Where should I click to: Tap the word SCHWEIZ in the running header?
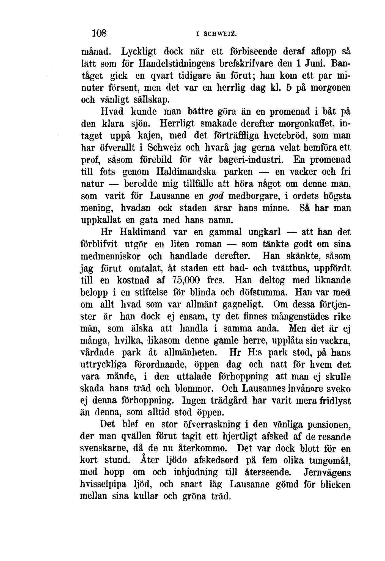220,34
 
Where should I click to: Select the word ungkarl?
264,232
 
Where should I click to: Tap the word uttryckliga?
104,365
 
